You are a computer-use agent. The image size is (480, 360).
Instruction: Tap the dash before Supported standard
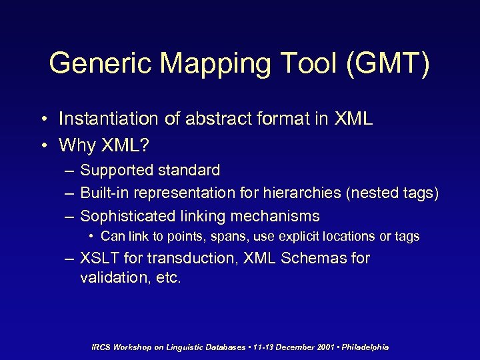click(69, 171)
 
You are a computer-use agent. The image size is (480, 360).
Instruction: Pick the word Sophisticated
click(127, 216)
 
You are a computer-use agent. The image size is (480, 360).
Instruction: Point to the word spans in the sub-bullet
click(233, 237)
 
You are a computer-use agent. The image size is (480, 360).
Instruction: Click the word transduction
click(178, 258)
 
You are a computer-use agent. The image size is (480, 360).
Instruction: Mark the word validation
click(111, 277)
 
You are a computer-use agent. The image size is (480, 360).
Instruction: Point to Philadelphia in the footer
click(365, 347)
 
